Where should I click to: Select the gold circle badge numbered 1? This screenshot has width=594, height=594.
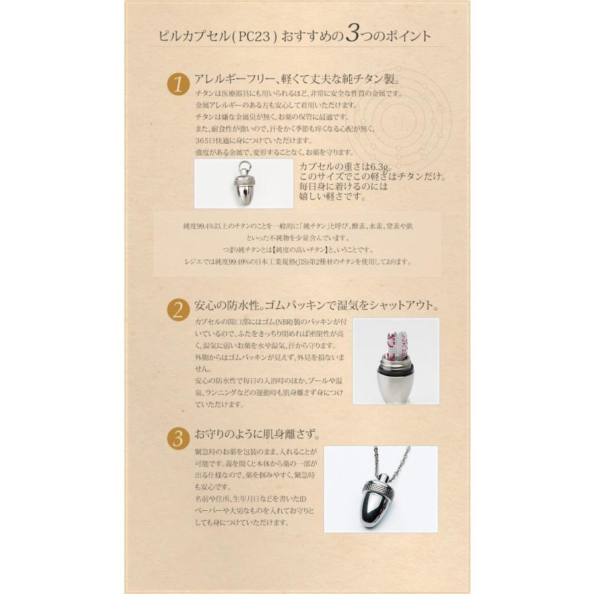(177, 86)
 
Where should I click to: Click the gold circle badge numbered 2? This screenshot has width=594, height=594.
(177, 310)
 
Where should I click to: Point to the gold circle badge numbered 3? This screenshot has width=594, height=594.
(177, 439)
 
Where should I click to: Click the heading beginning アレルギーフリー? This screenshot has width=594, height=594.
(298, 80)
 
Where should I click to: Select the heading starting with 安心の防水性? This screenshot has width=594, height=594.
(316, 306)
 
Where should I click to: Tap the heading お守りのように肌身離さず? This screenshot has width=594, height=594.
(257, 436)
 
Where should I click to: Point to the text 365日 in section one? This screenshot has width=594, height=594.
(205, 141)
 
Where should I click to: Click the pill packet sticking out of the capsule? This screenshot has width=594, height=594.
(395, 346)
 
